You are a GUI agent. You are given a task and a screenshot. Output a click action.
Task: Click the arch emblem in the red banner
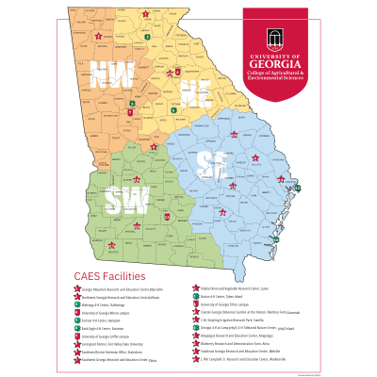pos(274,37)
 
